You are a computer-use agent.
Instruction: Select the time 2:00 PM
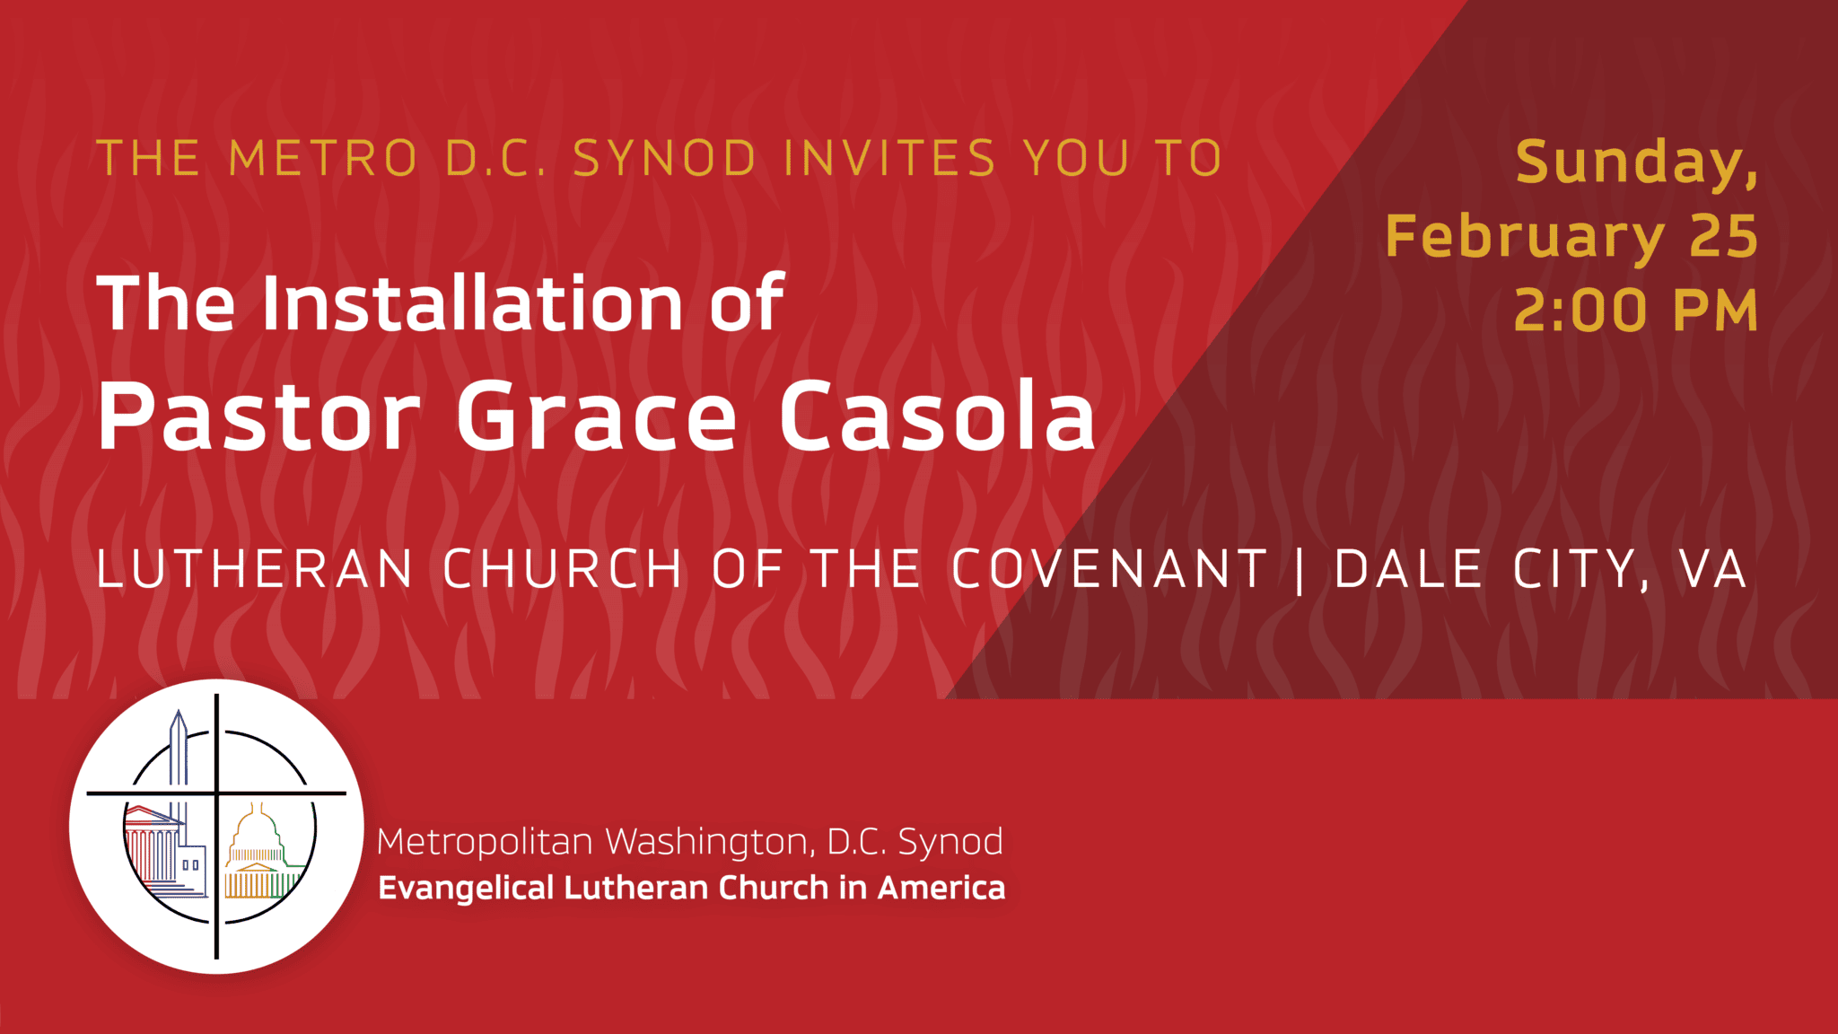[x=1635, y=311]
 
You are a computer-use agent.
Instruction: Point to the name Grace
[x=597, y=416]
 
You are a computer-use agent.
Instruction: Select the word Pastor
[x=259, y=416]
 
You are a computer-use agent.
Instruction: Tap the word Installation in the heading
[x=473, y=303]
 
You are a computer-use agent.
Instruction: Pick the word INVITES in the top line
[x=889, y=159]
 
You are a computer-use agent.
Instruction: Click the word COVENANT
[x=1109, y=569]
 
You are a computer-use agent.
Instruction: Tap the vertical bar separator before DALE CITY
[x=1300, y=569]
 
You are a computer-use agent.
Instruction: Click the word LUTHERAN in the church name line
[x=255, y=569]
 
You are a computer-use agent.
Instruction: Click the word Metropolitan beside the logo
[x=485, y=842]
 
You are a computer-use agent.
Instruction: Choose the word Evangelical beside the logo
[x=466, y=888]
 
